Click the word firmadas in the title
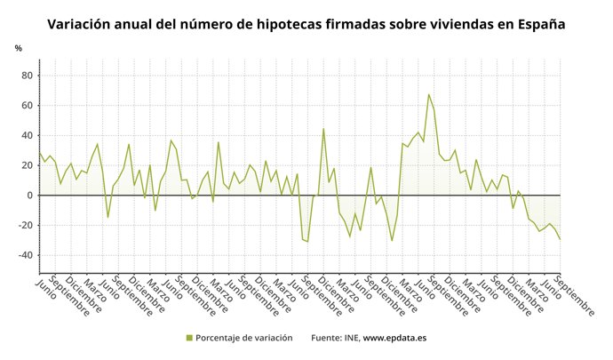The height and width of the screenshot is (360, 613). tap(379, 24)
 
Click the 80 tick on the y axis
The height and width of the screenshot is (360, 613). tap(28, 76)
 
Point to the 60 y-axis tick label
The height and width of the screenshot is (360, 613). tap(28, 106)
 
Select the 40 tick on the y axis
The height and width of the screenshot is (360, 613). tap(28, 135)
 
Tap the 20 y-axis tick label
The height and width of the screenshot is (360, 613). tap(28, 165)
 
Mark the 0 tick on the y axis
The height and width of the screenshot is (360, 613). tap(31, 195)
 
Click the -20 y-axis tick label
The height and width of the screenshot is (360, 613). tap(27, 225)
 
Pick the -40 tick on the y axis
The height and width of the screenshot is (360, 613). tap(27, 255)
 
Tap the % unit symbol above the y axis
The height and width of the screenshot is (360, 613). tap(18, 48)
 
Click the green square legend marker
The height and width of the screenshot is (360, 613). tap(189, 338)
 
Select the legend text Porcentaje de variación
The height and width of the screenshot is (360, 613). tap(243, 338)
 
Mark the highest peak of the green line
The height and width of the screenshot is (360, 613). tap(428, 94)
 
